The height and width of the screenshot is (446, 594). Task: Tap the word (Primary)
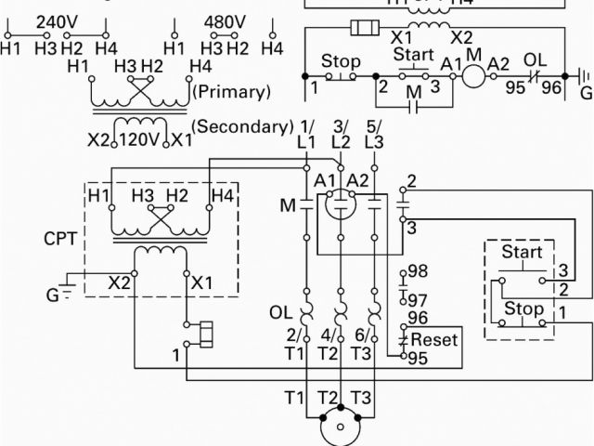pyautogui.click(x=231, y=92)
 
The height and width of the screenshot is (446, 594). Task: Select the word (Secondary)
pyautogui.click(x=240, y=125)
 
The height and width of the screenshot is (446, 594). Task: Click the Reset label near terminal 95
pyautogui.click(x=434, y=340)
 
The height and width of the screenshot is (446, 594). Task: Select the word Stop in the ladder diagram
pyautogui.click(x=341, y=62)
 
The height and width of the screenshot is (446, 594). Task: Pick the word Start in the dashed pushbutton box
pyautogui.click(x=522, y=253)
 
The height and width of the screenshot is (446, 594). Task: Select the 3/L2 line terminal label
pyautogui.click(x=341, y=133)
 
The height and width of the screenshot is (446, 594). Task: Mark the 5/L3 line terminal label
pyautogui.click(x=373, y=133)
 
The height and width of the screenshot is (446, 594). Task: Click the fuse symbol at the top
pyautogui.click(x=363, y=27)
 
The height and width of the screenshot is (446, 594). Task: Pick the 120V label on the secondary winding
pyautogui.click(x=140, y=140)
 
